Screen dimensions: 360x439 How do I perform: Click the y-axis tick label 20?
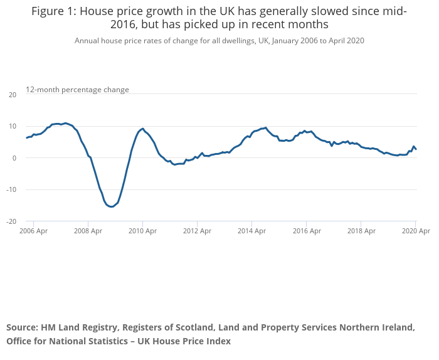(13, 95)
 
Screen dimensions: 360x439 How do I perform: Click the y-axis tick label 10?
(13, 126)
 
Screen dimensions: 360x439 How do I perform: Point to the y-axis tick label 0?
(14, 158)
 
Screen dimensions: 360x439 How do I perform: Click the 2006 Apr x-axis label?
(34, 231)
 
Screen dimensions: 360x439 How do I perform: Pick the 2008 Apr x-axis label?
(88, 231)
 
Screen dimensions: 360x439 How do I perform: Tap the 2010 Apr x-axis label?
(142, 231)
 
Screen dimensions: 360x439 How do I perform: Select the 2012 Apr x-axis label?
(197, 231)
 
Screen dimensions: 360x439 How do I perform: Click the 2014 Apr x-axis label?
(251, 231)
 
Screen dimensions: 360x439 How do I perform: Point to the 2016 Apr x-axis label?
(306, 231)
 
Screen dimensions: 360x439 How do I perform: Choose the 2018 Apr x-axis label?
(361, 231)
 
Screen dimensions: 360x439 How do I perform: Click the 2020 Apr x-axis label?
(415, 231)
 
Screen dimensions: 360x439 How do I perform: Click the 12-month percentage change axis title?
(77, 90)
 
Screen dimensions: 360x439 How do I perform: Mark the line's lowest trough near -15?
(111, 206)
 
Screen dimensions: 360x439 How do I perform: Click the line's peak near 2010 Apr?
(142, 129)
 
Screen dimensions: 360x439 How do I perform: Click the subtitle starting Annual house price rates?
(219, 40)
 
